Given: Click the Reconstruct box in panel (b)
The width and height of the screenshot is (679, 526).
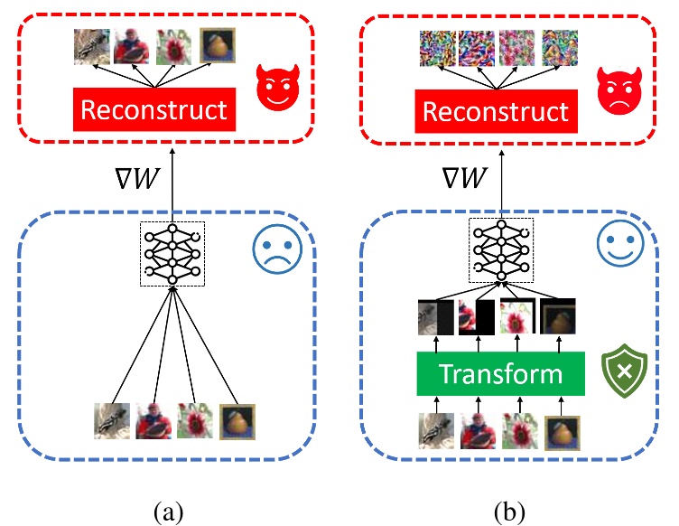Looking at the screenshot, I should [496, 111].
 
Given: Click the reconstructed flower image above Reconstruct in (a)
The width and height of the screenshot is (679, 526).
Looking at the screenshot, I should [174, 47].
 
